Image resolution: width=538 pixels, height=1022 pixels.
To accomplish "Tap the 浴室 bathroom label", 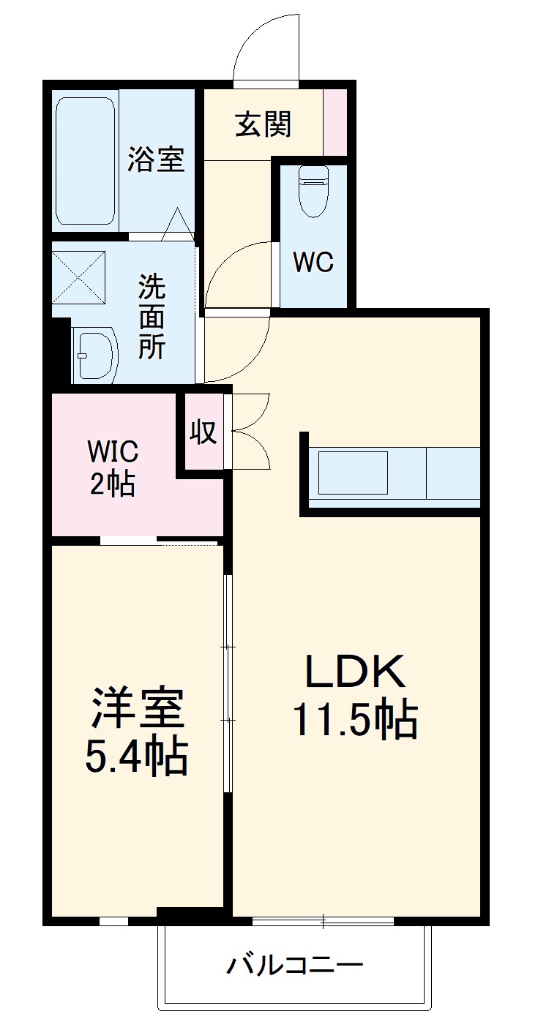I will pos(156,159).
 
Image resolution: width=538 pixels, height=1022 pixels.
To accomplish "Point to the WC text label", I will pos(313,262).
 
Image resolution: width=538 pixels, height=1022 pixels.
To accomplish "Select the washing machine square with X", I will pos(78,276).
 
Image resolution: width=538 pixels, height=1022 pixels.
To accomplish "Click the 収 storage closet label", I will pos(203,432).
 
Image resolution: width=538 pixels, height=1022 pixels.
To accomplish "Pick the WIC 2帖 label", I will pos(113,468).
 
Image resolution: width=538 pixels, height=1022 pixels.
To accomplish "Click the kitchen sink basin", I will pos(353,473).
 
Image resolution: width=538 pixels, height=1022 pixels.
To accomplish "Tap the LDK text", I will pos(355,672).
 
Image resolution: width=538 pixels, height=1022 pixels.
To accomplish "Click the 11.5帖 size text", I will pos(355,720).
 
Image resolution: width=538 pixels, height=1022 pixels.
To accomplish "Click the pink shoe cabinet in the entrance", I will pos(335,121).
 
